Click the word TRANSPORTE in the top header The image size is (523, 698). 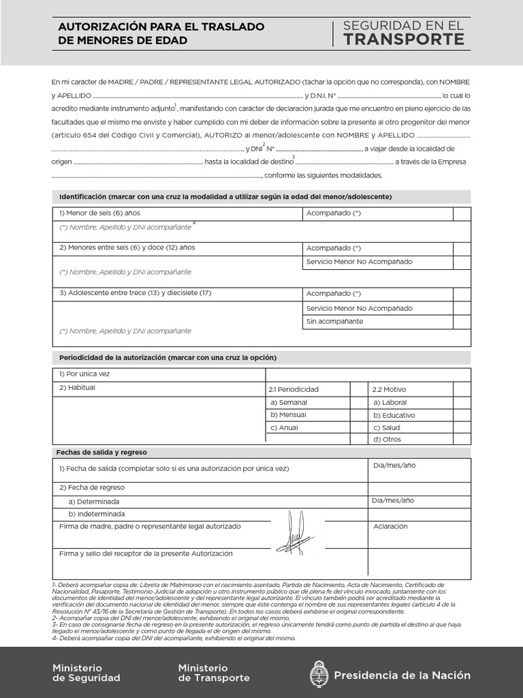[x=404, y=40]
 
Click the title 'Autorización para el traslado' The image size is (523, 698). [x=161, y=27]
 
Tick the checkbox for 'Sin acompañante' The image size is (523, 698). [x=462, y=322]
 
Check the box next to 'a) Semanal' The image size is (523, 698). [x=359, y=402]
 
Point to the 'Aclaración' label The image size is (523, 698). [x=390, y=527]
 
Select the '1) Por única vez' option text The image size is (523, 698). [x=84, y=374]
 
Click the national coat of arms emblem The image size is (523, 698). [x=318, y=675]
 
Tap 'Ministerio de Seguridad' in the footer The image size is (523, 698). [x=86, y=673]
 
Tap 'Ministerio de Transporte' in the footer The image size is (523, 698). [x=213, y=673]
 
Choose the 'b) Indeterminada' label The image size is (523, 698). [x=97, y=514]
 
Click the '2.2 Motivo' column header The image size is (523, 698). [x=389, y=389]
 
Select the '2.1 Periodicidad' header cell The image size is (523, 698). [x=294, y=389]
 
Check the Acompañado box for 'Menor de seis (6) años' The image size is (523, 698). [x=462, y=214]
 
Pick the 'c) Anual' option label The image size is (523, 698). [x=284, y=427]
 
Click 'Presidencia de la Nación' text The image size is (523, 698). [x=402, y=675]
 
